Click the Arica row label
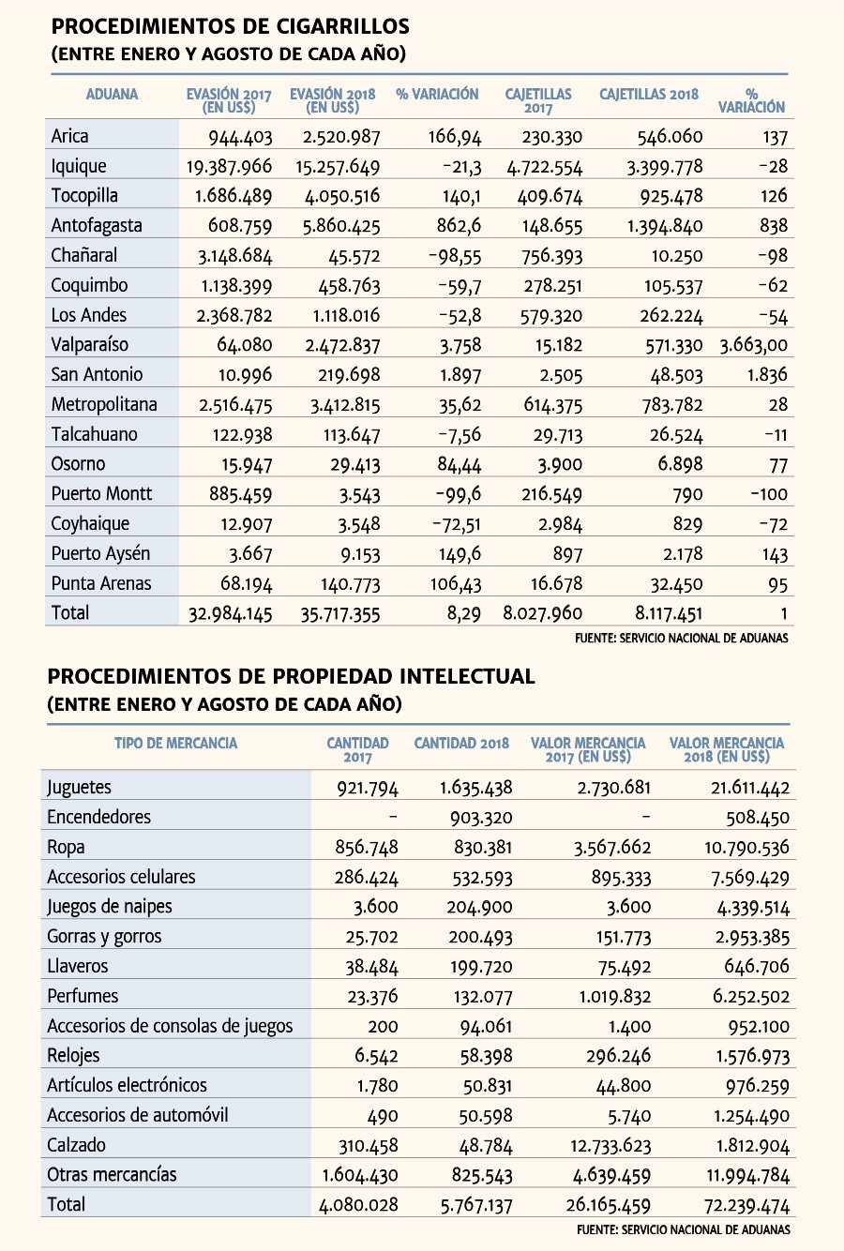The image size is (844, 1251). click(x=69, y=136)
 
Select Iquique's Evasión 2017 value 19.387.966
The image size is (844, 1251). click(x=229, y=166)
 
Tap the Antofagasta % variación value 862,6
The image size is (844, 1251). click(x=459, y=226)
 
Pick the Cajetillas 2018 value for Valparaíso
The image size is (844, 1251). click(x=673, y=345)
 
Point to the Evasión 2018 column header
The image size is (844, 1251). click(x=332, y=100)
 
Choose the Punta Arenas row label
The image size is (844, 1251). click(x=101, y=583)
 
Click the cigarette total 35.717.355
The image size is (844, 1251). click(x=340, y=613)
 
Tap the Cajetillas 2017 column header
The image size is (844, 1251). click(x=538, y=100)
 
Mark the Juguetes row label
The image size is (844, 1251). click(x=79, y=788)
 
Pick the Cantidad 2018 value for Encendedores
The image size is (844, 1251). click(x=481, y=818)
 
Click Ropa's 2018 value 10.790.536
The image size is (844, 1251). click(x=746, y=848)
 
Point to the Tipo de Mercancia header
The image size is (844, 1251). click(x=176, y=743)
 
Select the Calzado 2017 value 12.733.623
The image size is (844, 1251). click(x=610, y=1146)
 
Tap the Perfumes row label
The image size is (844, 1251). click(x=83, y=996)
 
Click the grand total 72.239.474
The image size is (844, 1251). click(x=746, y=1206)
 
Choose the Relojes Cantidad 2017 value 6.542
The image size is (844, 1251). click(x=376, y=1056)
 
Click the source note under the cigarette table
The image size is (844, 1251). click(x=682, y=638)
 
